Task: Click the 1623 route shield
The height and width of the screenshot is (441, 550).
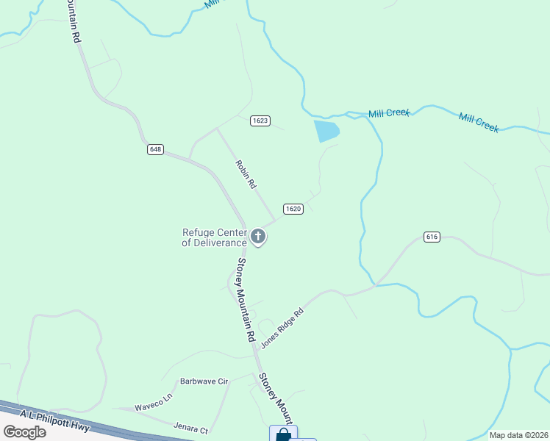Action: click(x=260, y=121)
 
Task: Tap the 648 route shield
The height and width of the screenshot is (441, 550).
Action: click(x=154, y=149)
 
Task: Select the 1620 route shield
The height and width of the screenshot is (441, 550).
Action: click(x=293, y=209)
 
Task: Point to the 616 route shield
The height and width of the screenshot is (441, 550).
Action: click(x=432, y=237)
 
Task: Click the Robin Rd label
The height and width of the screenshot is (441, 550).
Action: click(x=245, y=176)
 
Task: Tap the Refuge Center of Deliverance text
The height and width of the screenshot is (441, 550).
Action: click(x=214, y=237)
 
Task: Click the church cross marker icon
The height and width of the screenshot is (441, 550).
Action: click(x=258, y=237)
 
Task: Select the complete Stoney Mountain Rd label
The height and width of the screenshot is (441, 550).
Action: click(x=245, y=299)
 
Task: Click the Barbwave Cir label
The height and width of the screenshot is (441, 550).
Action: click(x=205, y=381)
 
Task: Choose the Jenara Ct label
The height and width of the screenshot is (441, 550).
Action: click(x=191, y=427)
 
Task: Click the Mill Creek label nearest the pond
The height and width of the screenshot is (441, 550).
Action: click(x=388, y=113)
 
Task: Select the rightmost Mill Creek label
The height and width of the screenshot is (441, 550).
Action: click(x=479, y=122)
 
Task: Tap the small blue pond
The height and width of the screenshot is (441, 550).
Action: click(x=326, y=131)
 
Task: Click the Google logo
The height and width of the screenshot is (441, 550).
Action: click(x=25, y=432)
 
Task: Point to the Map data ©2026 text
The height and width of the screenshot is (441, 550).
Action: click(x=518, y=435)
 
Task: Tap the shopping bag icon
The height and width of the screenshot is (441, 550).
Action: click(x=283, y=434)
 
